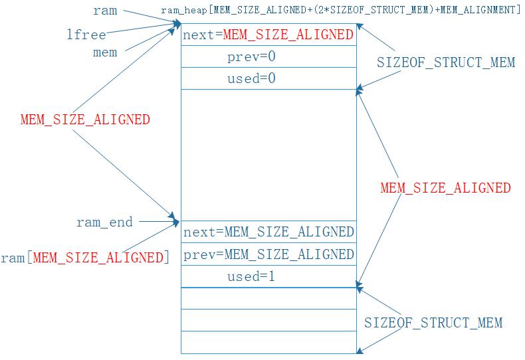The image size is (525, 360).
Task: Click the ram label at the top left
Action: (x=105, y=11)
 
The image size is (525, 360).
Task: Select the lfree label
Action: (x=86, y=35)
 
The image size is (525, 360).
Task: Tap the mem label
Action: (x=105, y=52)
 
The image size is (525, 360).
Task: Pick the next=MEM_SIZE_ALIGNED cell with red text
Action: (x=268, y=35)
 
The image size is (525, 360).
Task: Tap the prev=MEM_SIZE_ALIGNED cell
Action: (x=268, y=254)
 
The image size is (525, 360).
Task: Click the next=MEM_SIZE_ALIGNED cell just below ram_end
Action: (x=268, y=232)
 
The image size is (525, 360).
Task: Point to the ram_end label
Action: (x=104, y=222)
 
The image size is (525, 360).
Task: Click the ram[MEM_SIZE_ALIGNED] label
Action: (x=84, y=257)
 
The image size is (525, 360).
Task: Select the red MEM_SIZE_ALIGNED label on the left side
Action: (x=85, y=120)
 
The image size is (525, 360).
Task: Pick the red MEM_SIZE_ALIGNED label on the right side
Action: (x=445, y=187)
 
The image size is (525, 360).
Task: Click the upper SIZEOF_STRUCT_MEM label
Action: (x=446, y=63)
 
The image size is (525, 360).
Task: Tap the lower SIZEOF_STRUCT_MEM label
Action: (x=433, y=323)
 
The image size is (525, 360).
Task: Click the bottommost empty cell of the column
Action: (x=268, y=342)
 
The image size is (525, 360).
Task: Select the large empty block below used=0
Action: (x=268, y=155)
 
